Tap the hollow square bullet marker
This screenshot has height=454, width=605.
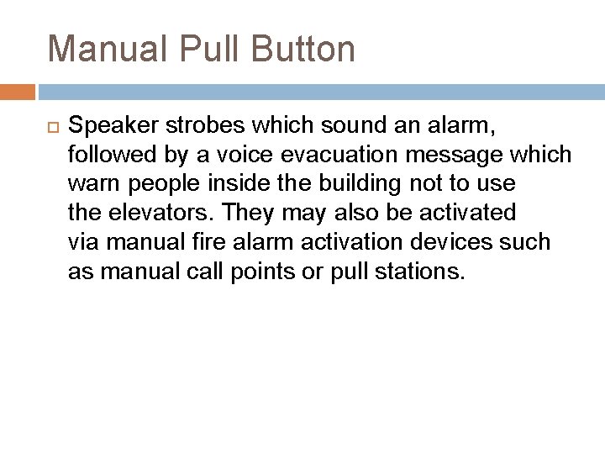[49, 127]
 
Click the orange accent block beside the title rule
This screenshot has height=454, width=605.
[17, 91]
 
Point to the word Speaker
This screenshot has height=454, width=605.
[114, 127]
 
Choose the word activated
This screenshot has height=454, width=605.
[463, 211]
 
